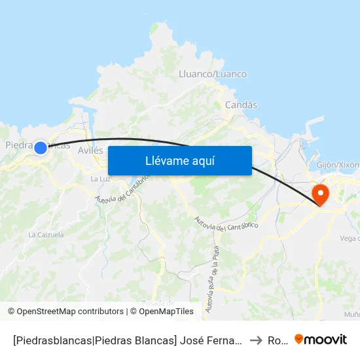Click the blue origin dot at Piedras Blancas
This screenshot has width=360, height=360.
pyautogui.click(x=41, y=148)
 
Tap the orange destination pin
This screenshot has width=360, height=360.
pyautogui.click(x=321, y=194)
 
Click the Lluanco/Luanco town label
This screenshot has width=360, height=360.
pyautogui.click(x=213, y=74)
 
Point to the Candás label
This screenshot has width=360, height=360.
pyautogui.click(x=241, y=105)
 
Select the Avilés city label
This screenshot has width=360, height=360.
pyautogui.click(x=90, y=150)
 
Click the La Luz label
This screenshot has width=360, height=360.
pyautogui.click(x=99, y=179)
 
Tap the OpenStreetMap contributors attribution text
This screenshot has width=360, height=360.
pyautogui.click(x=65, y=312)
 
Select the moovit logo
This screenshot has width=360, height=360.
pyautogui.click(x=321, y=340)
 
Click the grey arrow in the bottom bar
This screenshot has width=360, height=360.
pyautogui.click(x=256, y=340)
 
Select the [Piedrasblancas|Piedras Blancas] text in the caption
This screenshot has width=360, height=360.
pyautogui.click(x=93, y=340)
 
